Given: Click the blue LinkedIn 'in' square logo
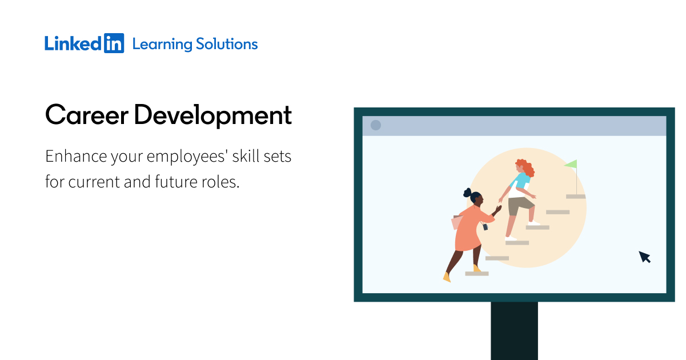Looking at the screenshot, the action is pos(114,43).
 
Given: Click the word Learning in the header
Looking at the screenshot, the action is pos(162,45).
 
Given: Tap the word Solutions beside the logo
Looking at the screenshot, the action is pos(227,44).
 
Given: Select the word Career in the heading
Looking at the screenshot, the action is pos(87,115).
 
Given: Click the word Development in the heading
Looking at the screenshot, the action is pos(213,116).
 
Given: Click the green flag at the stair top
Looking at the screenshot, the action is pos(572,164).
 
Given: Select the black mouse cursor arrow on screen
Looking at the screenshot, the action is pos(644,257).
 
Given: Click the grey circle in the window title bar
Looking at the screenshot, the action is pos(376,125).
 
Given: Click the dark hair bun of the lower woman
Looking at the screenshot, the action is pos(467,193).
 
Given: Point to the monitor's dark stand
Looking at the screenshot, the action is pos(515,331).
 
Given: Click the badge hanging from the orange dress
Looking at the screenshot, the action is pos(485,227).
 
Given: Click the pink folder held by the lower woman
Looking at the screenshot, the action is pos(456,222).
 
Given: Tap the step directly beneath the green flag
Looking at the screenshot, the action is pos(576,197).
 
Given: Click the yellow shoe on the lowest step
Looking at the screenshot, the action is pos(477,269).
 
